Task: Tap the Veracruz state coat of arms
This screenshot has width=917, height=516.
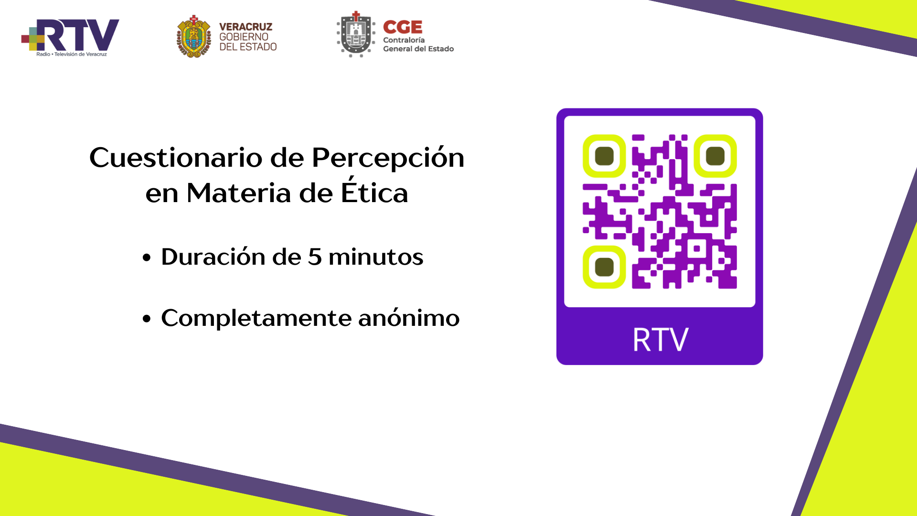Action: coord(193,36)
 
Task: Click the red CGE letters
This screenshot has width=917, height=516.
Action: coord(403,27)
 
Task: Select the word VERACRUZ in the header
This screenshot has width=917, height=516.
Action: coord(245,27)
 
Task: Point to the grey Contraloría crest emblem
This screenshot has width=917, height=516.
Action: coord(356,34)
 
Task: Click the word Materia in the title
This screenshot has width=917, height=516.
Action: coord(239,193)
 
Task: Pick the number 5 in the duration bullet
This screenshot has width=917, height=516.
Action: coord(315,257)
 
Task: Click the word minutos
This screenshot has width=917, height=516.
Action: coord(376,257)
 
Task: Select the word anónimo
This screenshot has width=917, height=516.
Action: coord(409,317)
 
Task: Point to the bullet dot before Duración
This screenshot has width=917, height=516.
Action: coord(147,258)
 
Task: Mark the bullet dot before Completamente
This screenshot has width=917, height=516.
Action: coord(147,319)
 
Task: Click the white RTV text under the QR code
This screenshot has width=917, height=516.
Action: coord(661,340)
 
